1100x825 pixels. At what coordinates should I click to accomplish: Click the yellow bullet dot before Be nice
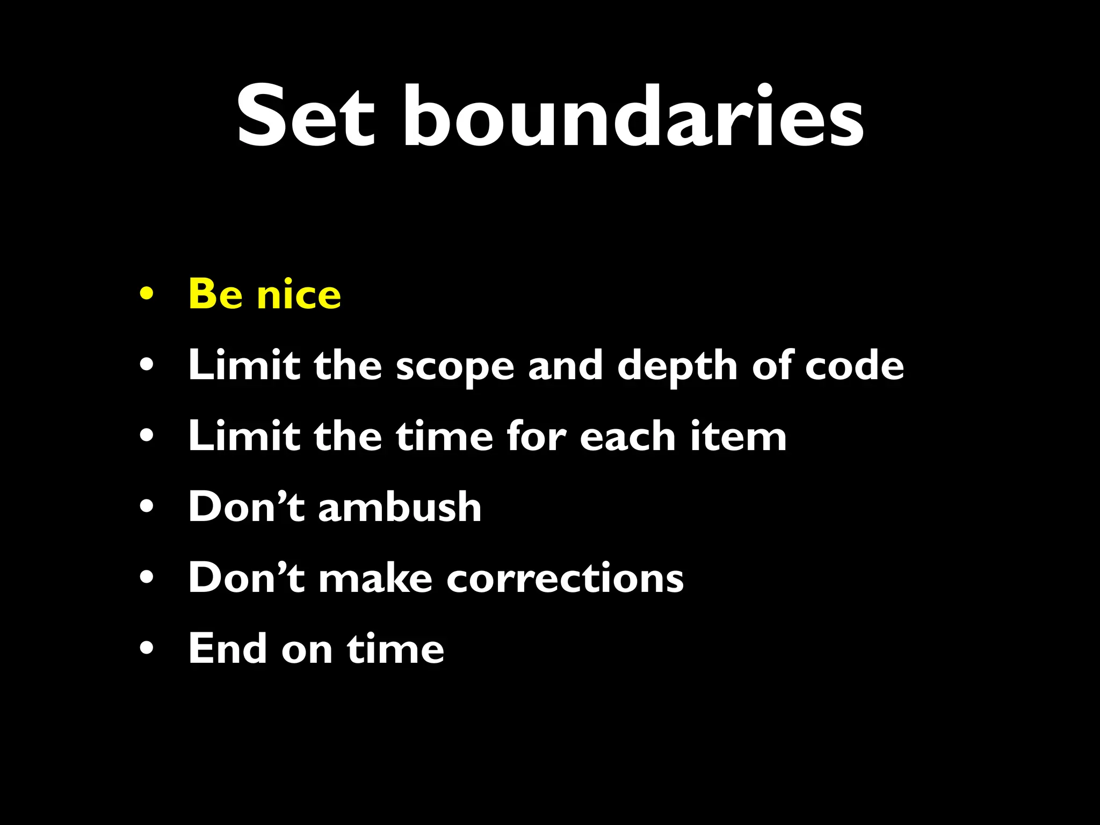click(146, 294)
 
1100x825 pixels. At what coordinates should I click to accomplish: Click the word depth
click(677, 366)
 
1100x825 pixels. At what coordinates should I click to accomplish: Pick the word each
click(627, 436)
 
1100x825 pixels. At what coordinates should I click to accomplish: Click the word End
click(227, 648)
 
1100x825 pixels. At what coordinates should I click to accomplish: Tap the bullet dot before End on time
click(146, 648)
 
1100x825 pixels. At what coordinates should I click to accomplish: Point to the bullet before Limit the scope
click(146, 365)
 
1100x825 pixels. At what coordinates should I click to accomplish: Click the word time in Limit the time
click(444, 436)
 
